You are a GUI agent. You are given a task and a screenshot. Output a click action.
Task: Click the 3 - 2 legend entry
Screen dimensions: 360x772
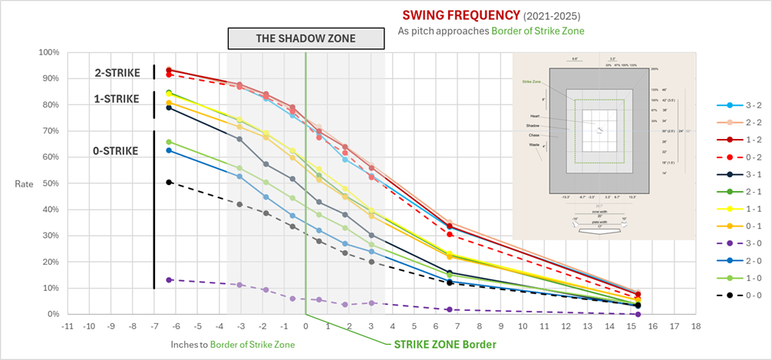741,105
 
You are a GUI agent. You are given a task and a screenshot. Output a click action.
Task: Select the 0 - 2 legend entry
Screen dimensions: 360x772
741,157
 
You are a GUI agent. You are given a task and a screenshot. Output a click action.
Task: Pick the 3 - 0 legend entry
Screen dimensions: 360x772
741,243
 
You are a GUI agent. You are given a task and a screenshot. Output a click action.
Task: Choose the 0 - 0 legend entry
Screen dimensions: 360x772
741,295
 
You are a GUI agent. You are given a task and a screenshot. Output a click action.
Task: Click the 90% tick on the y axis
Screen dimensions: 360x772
50,78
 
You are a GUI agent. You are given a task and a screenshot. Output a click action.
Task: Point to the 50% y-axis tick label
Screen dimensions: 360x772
50,183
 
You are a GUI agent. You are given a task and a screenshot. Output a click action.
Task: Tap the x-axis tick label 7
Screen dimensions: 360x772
457,326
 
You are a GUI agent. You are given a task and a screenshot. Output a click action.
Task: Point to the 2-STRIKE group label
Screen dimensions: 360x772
117,73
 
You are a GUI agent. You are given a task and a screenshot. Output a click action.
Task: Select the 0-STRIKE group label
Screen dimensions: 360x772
115,151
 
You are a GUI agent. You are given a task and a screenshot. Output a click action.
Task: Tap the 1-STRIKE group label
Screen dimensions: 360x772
117,99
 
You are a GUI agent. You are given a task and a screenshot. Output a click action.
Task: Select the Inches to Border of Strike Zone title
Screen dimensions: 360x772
233,345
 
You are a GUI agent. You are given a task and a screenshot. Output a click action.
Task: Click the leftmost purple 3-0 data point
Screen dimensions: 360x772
169,280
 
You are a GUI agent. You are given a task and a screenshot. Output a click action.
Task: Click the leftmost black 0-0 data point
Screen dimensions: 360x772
169,182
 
